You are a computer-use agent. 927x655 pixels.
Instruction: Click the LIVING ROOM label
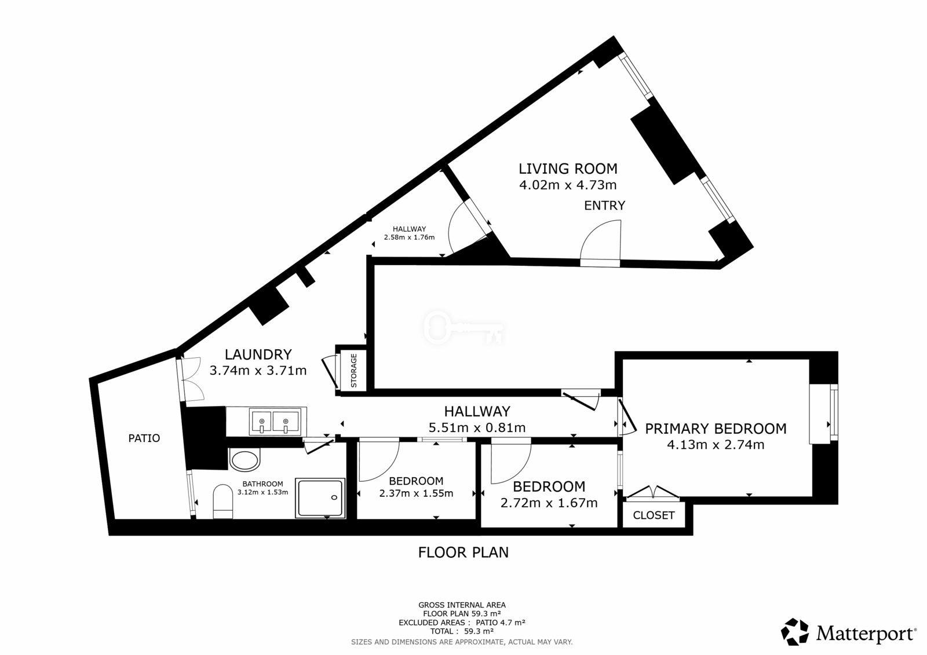[x=568, y=169]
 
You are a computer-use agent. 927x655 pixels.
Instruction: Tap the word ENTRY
[x=605, y=206]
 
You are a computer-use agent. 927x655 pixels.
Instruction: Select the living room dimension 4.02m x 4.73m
[x=568, y=185]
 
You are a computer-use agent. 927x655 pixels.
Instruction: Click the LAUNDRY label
[x=258, y=354]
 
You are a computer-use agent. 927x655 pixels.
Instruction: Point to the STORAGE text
[x=354, y=370]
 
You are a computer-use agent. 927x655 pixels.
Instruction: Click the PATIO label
[x=144, y=438]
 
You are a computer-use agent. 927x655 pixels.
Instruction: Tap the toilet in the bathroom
[x=222, y=502]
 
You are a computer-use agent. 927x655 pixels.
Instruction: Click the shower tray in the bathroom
[x=320, y=498]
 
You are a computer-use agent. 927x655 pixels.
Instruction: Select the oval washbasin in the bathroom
[x=244, y=460]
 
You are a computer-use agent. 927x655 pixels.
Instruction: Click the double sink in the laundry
[x=273, y=421]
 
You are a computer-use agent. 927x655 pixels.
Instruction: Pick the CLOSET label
[x=654, y=515]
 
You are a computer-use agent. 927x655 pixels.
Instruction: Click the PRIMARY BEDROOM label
[x=716, y=429]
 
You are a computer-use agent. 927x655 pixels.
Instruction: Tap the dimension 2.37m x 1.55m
[x=417, y=493]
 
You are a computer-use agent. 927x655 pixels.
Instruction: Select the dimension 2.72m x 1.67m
[x=549, y=503]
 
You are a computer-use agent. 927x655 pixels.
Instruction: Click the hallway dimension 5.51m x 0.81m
[x=477, y=428]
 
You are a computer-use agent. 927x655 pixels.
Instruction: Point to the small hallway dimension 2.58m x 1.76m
[x=409, y=237]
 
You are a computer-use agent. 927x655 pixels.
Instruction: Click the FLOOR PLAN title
[x=463, y=553]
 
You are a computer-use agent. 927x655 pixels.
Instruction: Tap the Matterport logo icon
[x=794, y=632]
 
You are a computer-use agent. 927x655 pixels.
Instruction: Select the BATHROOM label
[x=263, y=484]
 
